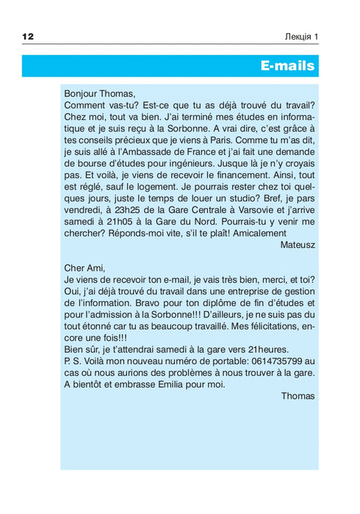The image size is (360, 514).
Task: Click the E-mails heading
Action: click(288, 66)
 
